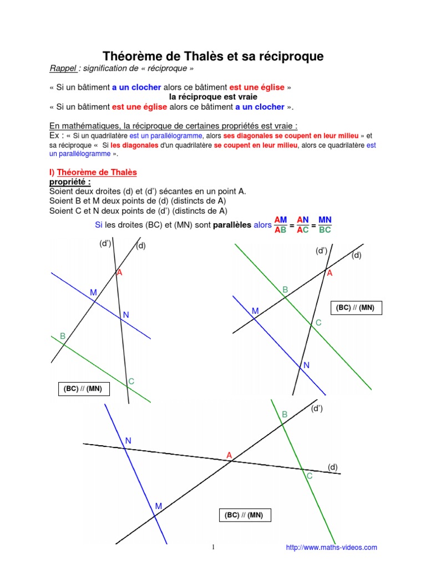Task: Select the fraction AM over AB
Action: [281, 225]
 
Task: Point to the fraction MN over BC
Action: [325, 225]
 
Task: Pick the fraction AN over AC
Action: [303, 225]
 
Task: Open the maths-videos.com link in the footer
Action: [331, 548]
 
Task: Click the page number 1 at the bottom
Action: [213, 548]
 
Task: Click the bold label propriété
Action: [70, 182]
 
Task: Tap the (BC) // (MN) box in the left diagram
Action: [83, 390]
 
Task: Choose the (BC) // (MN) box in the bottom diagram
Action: [244, 516]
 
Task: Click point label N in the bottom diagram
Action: [128, 441]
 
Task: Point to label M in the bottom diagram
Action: [159, 506]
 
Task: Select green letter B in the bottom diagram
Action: [285, 414]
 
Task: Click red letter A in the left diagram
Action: [119, 273]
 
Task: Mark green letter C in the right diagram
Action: [318, 323]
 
